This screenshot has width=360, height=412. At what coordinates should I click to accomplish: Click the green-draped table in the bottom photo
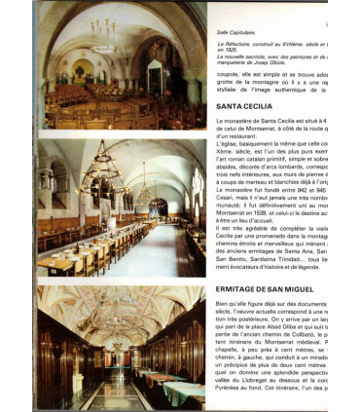tap(175, 376)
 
